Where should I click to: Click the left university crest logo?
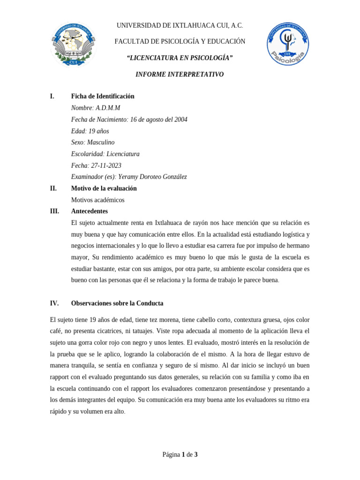click(74, 45)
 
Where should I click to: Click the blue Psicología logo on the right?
click(288, 45)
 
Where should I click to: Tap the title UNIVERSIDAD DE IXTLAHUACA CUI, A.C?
click(180, 26)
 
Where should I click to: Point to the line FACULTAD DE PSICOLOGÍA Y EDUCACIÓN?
click(180, 42)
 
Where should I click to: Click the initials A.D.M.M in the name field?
click(108, 108)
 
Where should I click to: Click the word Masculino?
click(101, 142)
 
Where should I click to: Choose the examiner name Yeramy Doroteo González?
click(152, 177)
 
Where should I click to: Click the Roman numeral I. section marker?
click(52, 96)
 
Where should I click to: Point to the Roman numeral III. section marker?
click(54, 211)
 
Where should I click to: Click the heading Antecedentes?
click(89, 211)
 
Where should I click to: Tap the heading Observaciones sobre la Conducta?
click(117, 303)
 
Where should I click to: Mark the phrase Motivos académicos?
click(97, 200)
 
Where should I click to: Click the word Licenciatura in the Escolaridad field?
click(123, 154)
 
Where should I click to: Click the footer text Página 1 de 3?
click(180, 454)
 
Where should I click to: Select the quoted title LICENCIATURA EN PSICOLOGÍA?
click(180, 58)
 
